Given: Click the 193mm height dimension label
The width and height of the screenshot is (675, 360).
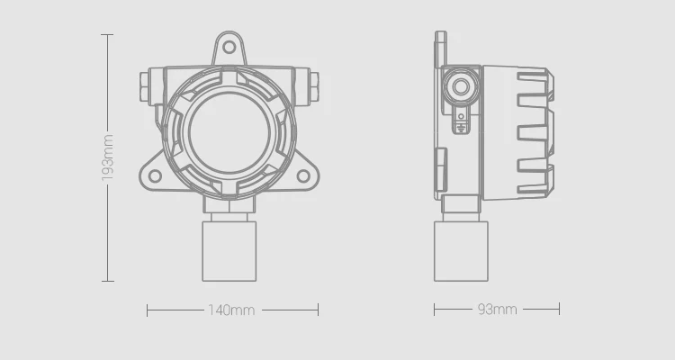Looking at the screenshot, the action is click(x=108, y=157).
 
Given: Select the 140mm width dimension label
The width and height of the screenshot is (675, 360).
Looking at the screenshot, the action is click(x=231, y=310).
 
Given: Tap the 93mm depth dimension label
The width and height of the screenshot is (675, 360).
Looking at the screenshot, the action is click(x=497, y=310).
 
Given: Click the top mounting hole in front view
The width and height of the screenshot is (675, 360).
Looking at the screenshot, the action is click(x=229, y=47).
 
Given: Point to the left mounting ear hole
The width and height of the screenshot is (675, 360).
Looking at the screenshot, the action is click(x=155, y=175).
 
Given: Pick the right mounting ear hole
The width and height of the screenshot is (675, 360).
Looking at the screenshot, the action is click(x=303, y=175).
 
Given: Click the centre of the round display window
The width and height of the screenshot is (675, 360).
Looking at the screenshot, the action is click(x=229, y=132).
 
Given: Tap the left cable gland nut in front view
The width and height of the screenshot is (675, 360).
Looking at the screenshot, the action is click(x=144, y=86).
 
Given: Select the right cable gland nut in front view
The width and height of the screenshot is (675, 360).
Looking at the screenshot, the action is click(x=314, y=86).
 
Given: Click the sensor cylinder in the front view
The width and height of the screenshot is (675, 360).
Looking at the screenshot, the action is click(x=229, y=251).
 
